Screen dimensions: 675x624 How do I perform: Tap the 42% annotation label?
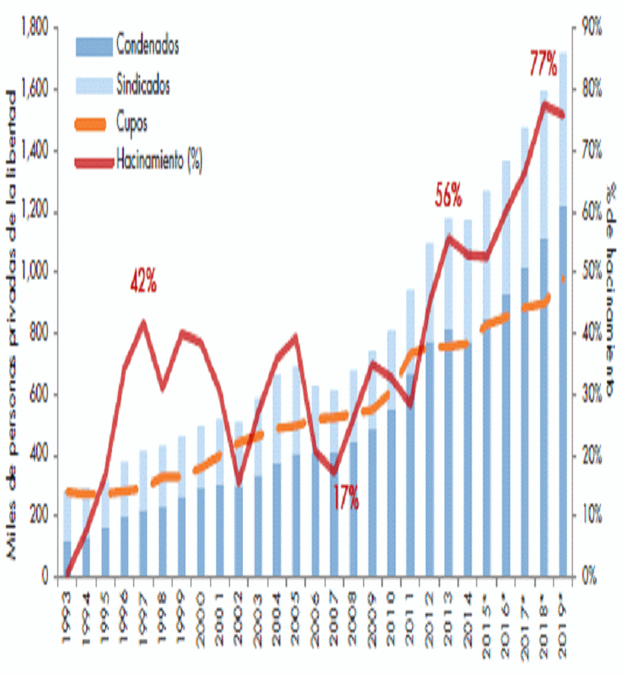143,283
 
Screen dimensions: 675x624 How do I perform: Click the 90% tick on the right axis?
592,29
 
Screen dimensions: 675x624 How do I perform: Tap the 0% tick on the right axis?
589,577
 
